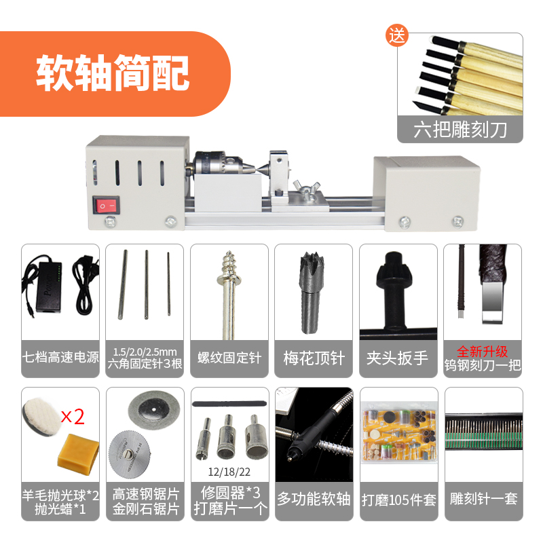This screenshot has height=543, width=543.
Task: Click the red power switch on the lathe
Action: [x=107, y=205]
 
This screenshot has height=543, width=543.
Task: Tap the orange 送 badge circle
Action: [x=397, y=35]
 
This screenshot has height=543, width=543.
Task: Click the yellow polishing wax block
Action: [x=77, y=453]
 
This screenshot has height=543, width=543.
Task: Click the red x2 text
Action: [x=73, y=417]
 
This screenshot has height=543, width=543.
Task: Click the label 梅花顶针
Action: [x=314, y=358]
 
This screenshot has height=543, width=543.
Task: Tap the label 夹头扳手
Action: [x=398, y=358]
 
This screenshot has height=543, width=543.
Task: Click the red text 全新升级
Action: [x=482, y=352]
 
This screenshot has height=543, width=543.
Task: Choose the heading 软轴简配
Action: [x=113, y=73]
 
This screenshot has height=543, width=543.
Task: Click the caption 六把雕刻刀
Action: [x=460, y=130]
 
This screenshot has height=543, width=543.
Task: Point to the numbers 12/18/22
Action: [x=229, y=472]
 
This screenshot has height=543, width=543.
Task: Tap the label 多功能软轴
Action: [x=314, y=500]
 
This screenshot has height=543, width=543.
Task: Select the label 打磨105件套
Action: [x=398, y=500]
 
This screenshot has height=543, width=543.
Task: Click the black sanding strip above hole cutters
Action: [x=229, y=404]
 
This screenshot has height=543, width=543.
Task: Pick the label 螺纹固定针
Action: [x=229, y=358]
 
